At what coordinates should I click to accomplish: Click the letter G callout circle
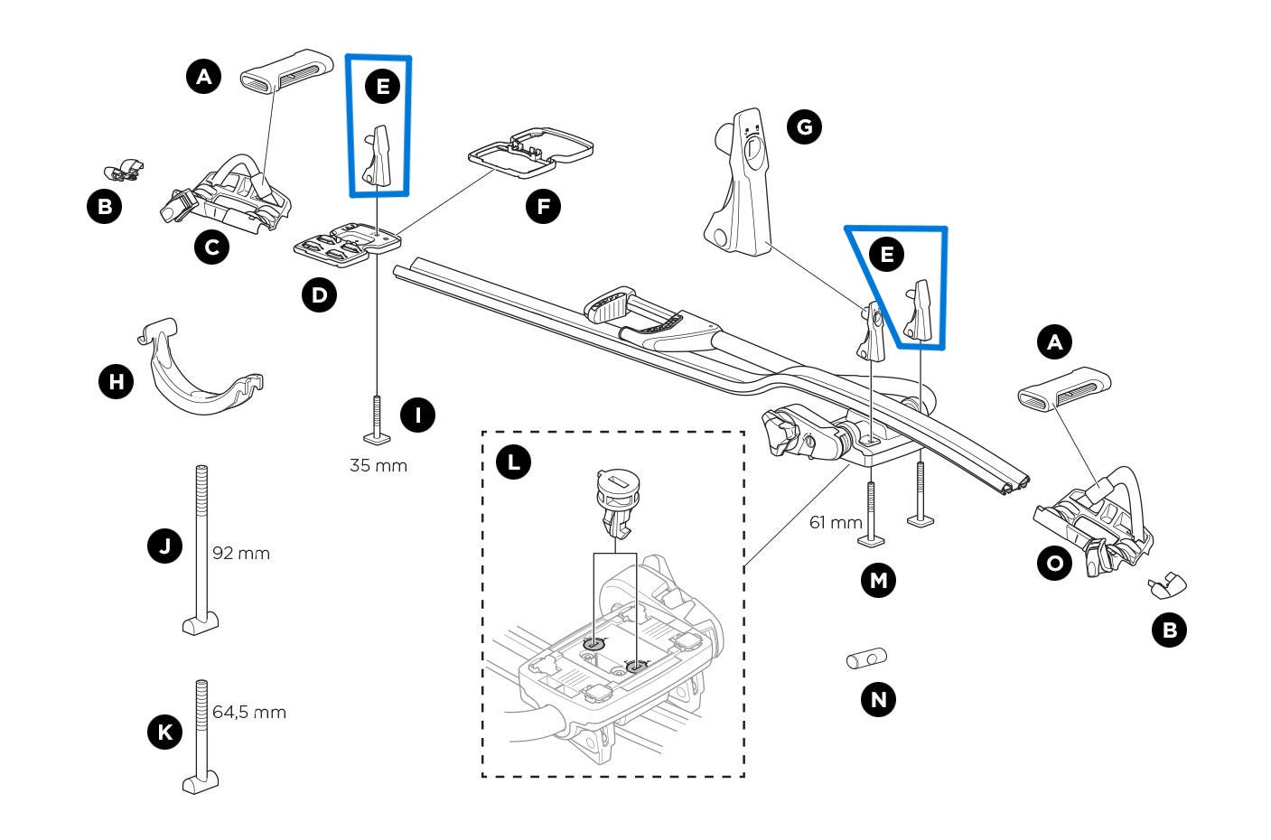click(804, 126)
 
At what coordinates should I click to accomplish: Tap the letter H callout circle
click(116, 382)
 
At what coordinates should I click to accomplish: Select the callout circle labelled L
click(514, 462)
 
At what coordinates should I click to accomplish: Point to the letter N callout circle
click(878, 698)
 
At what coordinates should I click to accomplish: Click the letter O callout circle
click(1054, 564)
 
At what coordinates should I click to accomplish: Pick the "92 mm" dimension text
click(240, 553)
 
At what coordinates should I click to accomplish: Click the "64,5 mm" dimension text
click(249, 712)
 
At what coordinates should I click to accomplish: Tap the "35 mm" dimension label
click(378, 466)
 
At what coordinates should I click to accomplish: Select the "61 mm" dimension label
click(836, 522)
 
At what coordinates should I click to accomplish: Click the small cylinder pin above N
click(866, 659)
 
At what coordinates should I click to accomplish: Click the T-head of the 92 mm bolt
click(201, 623)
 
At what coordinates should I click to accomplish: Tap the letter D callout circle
click(318, 294)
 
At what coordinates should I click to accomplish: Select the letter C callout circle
click(211, 246)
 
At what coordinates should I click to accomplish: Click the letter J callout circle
click(164, 546)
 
